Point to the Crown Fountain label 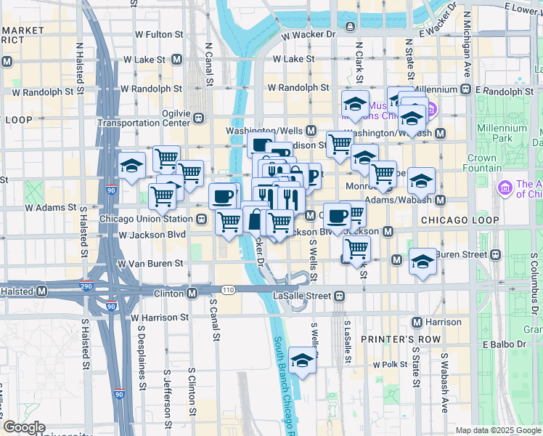[481, 163]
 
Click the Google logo [24, 427]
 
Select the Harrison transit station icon [417, 321]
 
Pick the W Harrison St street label [160, 318]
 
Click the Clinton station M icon [192, 293]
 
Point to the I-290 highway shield [86, 286]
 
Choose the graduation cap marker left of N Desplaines [131, 166]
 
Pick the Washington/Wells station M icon [311, 130]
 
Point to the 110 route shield [229, 290]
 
